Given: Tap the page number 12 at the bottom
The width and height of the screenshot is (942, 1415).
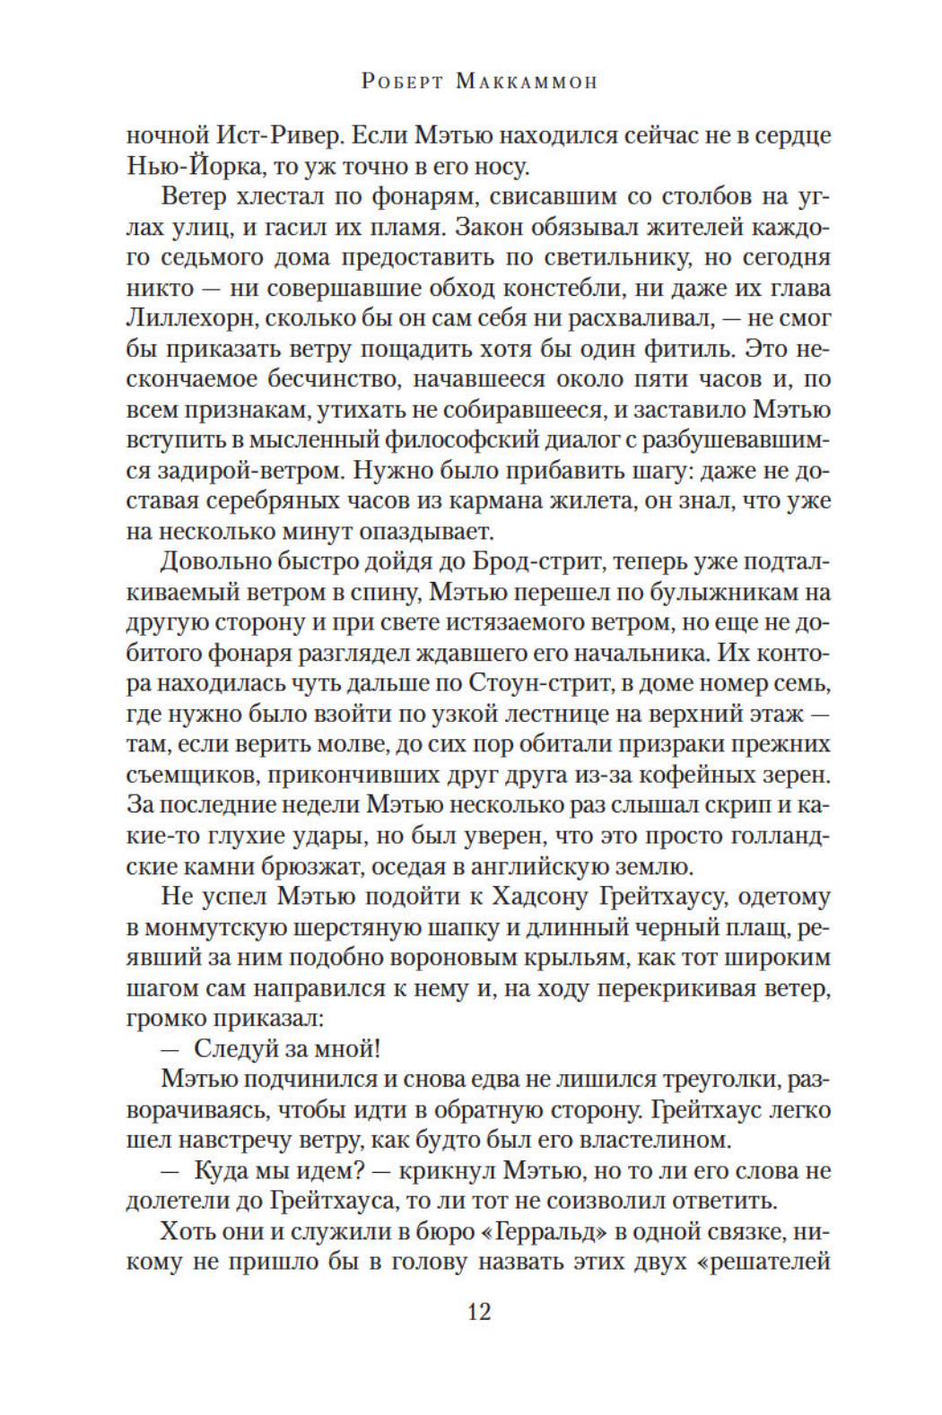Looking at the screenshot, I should coord(479,1312).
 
